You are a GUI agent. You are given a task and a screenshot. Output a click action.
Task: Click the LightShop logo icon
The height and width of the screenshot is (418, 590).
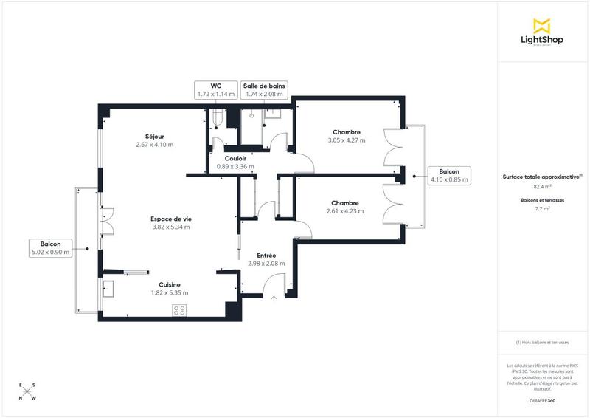coord(542,25)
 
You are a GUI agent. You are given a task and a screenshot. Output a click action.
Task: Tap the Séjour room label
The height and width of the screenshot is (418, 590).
coord(155,136)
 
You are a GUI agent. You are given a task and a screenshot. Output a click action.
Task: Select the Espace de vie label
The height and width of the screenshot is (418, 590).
coord(170,219)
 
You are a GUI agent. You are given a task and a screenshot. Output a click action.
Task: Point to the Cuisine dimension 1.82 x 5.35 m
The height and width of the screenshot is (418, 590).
coord(169,293)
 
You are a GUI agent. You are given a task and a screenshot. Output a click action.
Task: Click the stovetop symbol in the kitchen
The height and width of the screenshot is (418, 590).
coord(179,311)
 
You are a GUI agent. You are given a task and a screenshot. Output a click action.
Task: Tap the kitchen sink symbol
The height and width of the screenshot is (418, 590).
coord(108,287)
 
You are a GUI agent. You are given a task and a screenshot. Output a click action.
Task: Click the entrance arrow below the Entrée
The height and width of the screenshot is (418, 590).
coord(274,299)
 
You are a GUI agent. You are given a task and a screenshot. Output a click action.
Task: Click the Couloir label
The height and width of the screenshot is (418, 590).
coord(235,158)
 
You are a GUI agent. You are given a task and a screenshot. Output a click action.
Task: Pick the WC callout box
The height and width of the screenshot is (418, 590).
coord(215,90)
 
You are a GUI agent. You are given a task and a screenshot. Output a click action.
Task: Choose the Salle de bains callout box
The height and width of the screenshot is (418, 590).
coord(265,90)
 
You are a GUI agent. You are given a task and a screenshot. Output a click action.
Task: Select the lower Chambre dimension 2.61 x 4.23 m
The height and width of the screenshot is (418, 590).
coord(345,211)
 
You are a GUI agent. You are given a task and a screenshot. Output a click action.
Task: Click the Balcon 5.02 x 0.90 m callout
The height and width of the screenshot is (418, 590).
coord(51,248)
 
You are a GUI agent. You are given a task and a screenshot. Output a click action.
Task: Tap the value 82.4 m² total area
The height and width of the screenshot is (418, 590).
coord(542,187)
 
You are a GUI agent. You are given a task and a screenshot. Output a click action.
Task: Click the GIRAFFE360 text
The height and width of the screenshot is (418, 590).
coord(542,400)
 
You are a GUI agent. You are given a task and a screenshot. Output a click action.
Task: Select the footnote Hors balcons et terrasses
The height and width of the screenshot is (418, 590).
coord(542,343)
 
